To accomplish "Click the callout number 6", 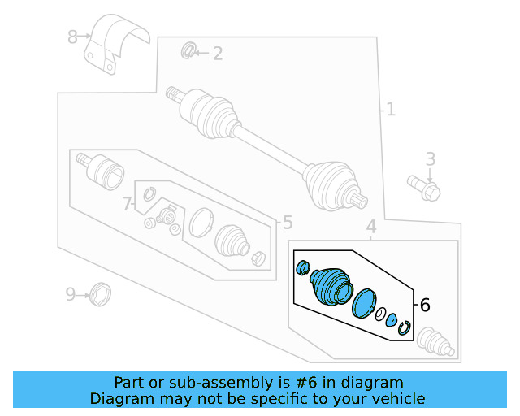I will [424, 305].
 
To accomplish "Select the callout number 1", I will [391, 109].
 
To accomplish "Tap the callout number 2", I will [217, 54].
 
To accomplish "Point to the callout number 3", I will [431, 159].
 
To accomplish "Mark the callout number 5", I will [287, 223].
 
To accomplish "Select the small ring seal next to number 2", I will [188, 53].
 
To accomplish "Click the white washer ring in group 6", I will [380, 314].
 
